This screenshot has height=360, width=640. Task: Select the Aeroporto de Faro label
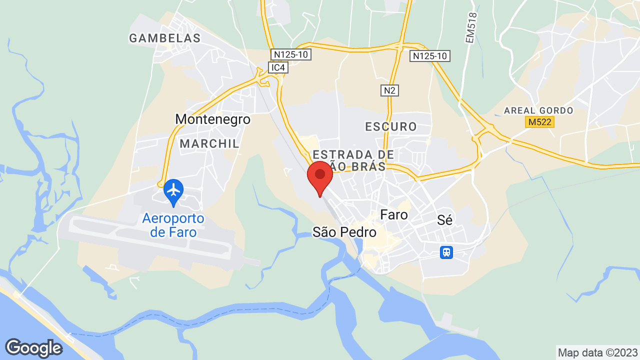[x=173, y=225]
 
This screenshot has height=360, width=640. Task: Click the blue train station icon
[x=446, y=252]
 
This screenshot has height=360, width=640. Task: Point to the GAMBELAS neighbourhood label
[x=164, y=38]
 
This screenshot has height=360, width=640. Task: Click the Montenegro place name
[x=212, y=119]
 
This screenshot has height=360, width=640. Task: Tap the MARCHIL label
[x=209, y=143]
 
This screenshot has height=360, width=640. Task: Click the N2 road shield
[x=389, y=90]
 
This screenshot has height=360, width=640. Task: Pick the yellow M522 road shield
[x=540, y=122]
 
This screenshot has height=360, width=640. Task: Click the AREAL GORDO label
[x=538, y=110]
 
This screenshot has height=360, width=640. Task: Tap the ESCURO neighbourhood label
[x=391, y=126]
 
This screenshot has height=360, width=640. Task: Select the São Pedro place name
[x=344, y=232]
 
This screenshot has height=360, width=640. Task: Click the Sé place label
[x=444, y=219]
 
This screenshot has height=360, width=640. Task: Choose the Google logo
[x=33, y=348]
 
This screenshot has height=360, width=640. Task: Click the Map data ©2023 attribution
[x=597, y=352]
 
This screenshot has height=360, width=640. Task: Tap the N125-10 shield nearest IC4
[x=290, y=54]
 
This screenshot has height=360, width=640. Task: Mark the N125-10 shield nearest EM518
[x=429, y=56]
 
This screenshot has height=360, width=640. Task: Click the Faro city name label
[x=394, y=215]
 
